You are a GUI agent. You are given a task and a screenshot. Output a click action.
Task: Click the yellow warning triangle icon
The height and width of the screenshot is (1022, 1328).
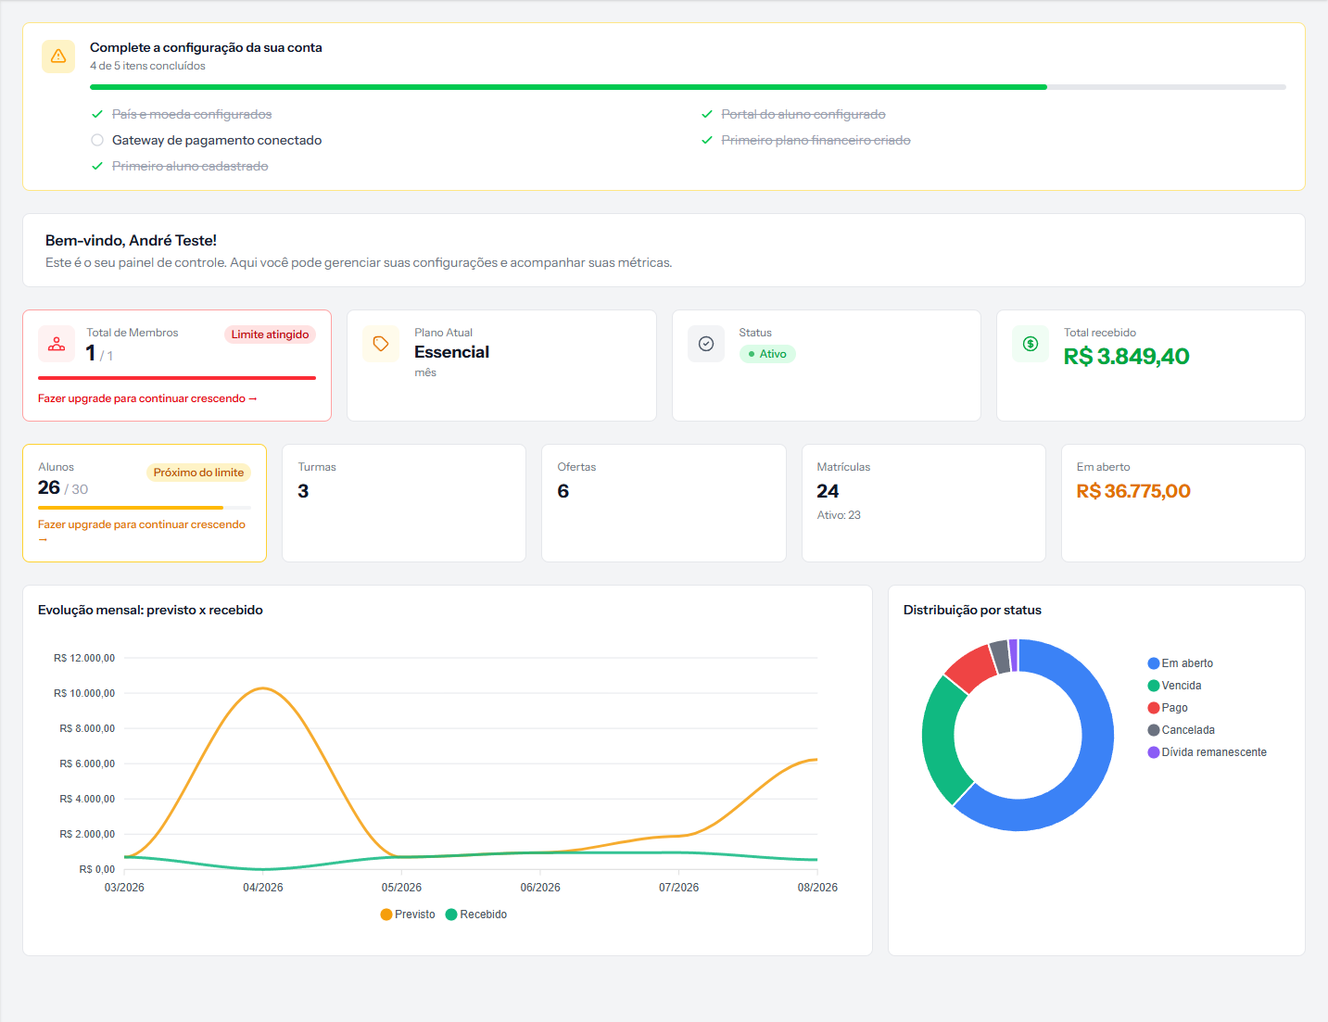point(58,57)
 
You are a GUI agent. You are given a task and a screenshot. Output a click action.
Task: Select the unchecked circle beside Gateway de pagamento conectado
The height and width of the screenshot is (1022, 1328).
point(97,141)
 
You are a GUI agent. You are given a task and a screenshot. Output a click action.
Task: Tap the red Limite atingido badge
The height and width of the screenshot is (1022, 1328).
point(270,334)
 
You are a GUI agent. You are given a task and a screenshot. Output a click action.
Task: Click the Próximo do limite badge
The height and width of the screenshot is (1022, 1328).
point(198,473)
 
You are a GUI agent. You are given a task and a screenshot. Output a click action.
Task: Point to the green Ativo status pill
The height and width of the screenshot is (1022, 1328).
point(767,354)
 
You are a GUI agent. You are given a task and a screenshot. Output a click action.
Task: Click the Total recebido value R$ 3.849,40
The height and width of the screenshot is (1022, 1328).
point(1126,356)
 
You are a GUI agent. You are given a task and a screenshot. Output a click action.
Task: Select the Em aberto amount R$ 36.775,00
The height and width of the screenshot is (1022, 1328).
point(1133,491)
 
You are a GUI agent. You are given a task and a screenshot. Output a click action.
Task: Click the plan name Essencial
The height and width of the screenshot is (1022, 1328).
point(451,352)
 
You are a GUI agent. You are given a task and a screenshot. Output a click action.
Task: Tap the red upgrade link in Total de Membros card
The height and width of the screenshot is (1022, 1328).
point(147,398)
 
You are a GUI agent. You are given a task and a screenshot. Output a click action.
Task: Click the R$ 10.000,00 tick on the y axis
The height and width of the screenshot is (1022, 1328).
point(84,693)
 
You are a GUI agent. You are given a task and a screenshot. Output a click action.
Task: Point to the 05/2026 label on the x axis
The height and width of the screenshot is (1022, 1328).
point(401,887)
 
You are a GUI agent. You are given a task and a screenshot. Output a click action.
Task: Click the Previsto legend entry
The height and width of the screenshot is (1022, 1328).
point(408,915)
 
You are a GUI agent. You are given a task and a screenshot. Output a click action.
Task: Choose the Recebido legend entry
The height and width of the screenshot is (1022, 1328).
point(476,915)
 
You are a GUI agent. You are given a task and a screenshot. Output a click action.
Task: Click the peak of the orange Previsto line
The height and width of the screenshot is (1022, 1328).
point(263,688)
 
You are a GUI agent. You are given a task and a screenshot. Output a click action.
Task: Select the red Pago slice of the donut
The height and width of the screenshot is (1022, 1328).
point(971,667)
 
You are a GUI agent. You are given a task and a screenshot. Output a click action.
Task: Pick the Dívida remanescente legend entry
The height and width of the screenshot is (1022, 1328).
point(1207,752)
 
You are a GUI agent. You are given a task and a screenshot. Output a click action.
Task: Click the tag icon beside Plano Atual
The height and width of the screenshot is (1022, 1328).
point(381,344)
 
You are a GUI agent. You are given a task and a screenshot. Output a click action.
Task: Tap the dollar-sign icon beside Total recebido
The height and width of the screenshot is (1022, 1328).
point(1031,344)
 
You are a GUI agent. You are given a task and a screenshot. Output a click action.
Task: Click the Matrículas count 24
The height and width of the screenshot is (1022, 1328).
point(828,491)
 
